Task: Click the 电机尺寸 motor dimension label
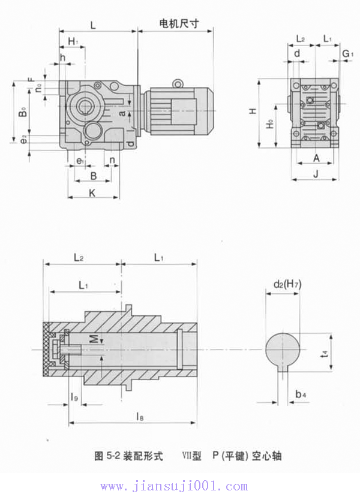(x=178, y=23)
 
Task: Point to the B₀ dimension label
(x=22, y=112)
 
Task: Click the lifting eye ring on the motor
(x=177, y=84)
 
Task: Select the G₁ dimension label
(x=347, y=55)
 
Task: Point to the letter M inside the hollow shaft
(x=94, y=339)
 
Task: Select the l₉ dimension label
(x=74, y=396)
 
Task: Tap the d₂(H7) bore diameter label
(x=287, y=284)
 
